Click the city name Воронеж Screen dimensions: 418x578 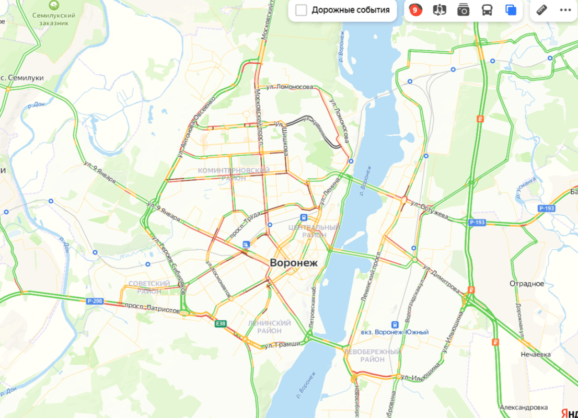point(293,263)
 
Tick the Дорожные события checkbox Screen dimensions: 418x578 point(301,10)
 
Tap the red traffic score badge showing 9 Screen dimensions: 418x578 point(415,10)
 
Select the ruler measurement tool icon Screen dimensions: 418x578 point(541,10)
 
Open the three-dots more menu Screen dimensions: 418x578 point(565,10)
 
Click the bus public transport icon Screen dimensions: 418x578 point(487,10)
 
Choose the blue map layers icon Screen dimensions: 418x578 point(511,10)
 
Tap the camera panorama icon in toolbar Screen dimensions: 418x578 point(463,10)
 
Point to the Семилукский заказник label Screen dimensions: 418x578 point(54,19)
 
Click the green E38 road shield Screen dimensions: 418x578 point(221,324)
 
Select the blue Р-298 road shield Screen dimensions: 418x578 point(95,301)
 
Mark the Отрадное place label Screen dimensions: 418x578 point(527,284)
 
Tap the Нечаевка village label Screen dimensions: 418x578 point(535,354)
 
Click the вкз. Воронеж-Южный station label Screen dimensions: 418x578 point(395,332)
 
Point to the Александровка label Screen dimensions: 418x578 point(523,408)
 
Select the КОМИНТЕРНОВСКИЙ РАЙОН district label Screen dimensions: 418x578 point(234,175)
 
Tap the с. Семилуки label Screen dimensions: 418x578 point(22,77)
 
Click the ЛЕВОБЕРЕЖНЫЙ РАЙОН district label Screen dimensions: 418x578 point(372,356)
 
